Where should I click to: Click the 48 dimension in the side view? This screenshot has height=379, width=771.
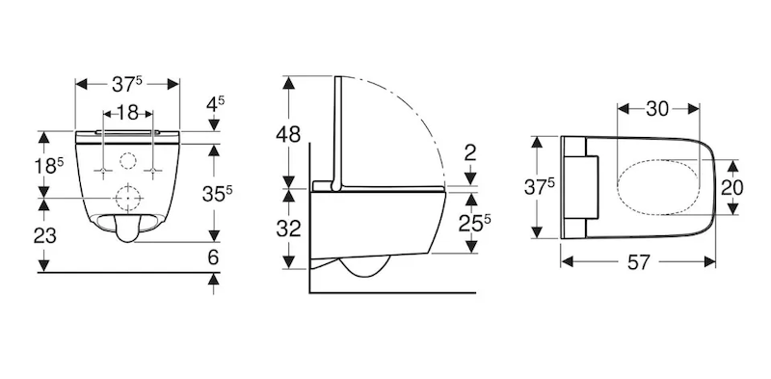tap(287, 134)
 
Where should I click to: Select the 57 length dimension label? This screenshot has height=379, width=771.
tap(639, 262)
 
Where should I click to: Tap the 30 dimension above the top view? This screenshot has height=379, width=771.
tap(657, 109)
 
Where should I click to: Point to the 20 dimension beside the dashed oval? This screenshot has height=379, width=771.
tap(732, 187)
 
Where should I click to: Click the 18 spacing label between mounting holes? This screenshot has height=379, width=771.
tap(128, 113)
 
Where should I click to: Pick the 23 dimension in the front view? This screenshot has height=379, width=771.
tap(44, 236)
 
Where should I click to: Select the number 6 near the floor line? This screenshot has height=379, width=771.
tap(213, 257)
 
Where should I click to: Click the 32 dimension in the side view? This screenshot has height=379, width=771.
tap(288, 229)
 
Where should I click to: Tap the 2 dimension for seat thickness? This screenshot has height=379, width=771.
tap(470, 153)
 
